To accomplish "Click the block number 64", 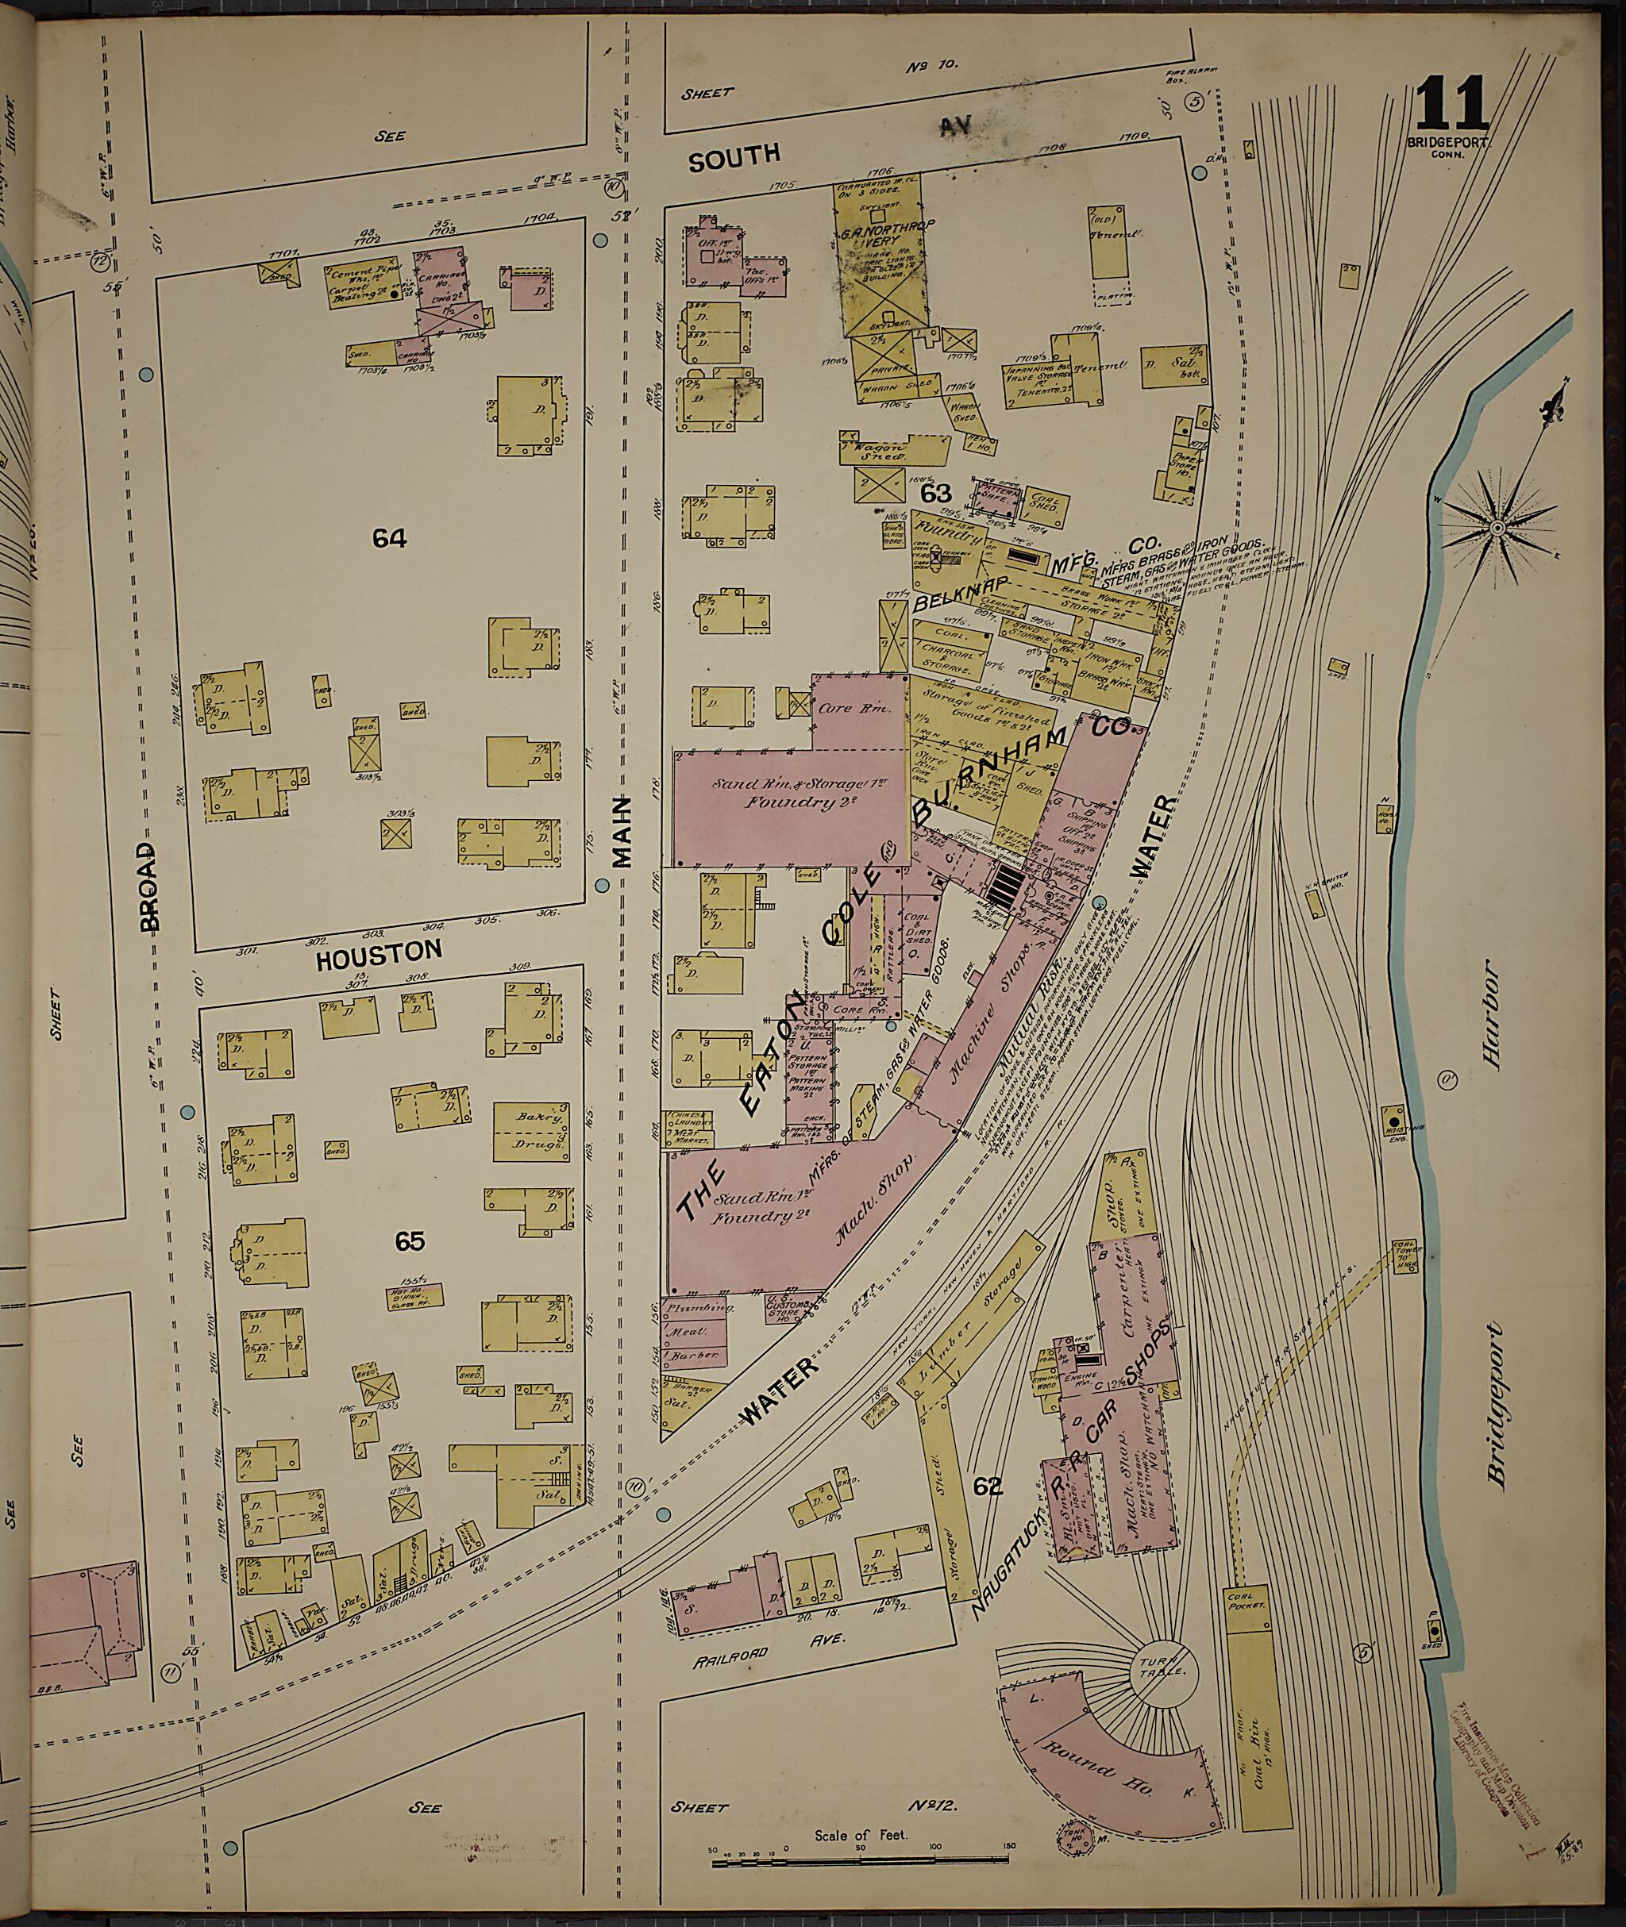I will click(390, 538).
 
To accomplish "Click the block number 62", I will click(987, 1486).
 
